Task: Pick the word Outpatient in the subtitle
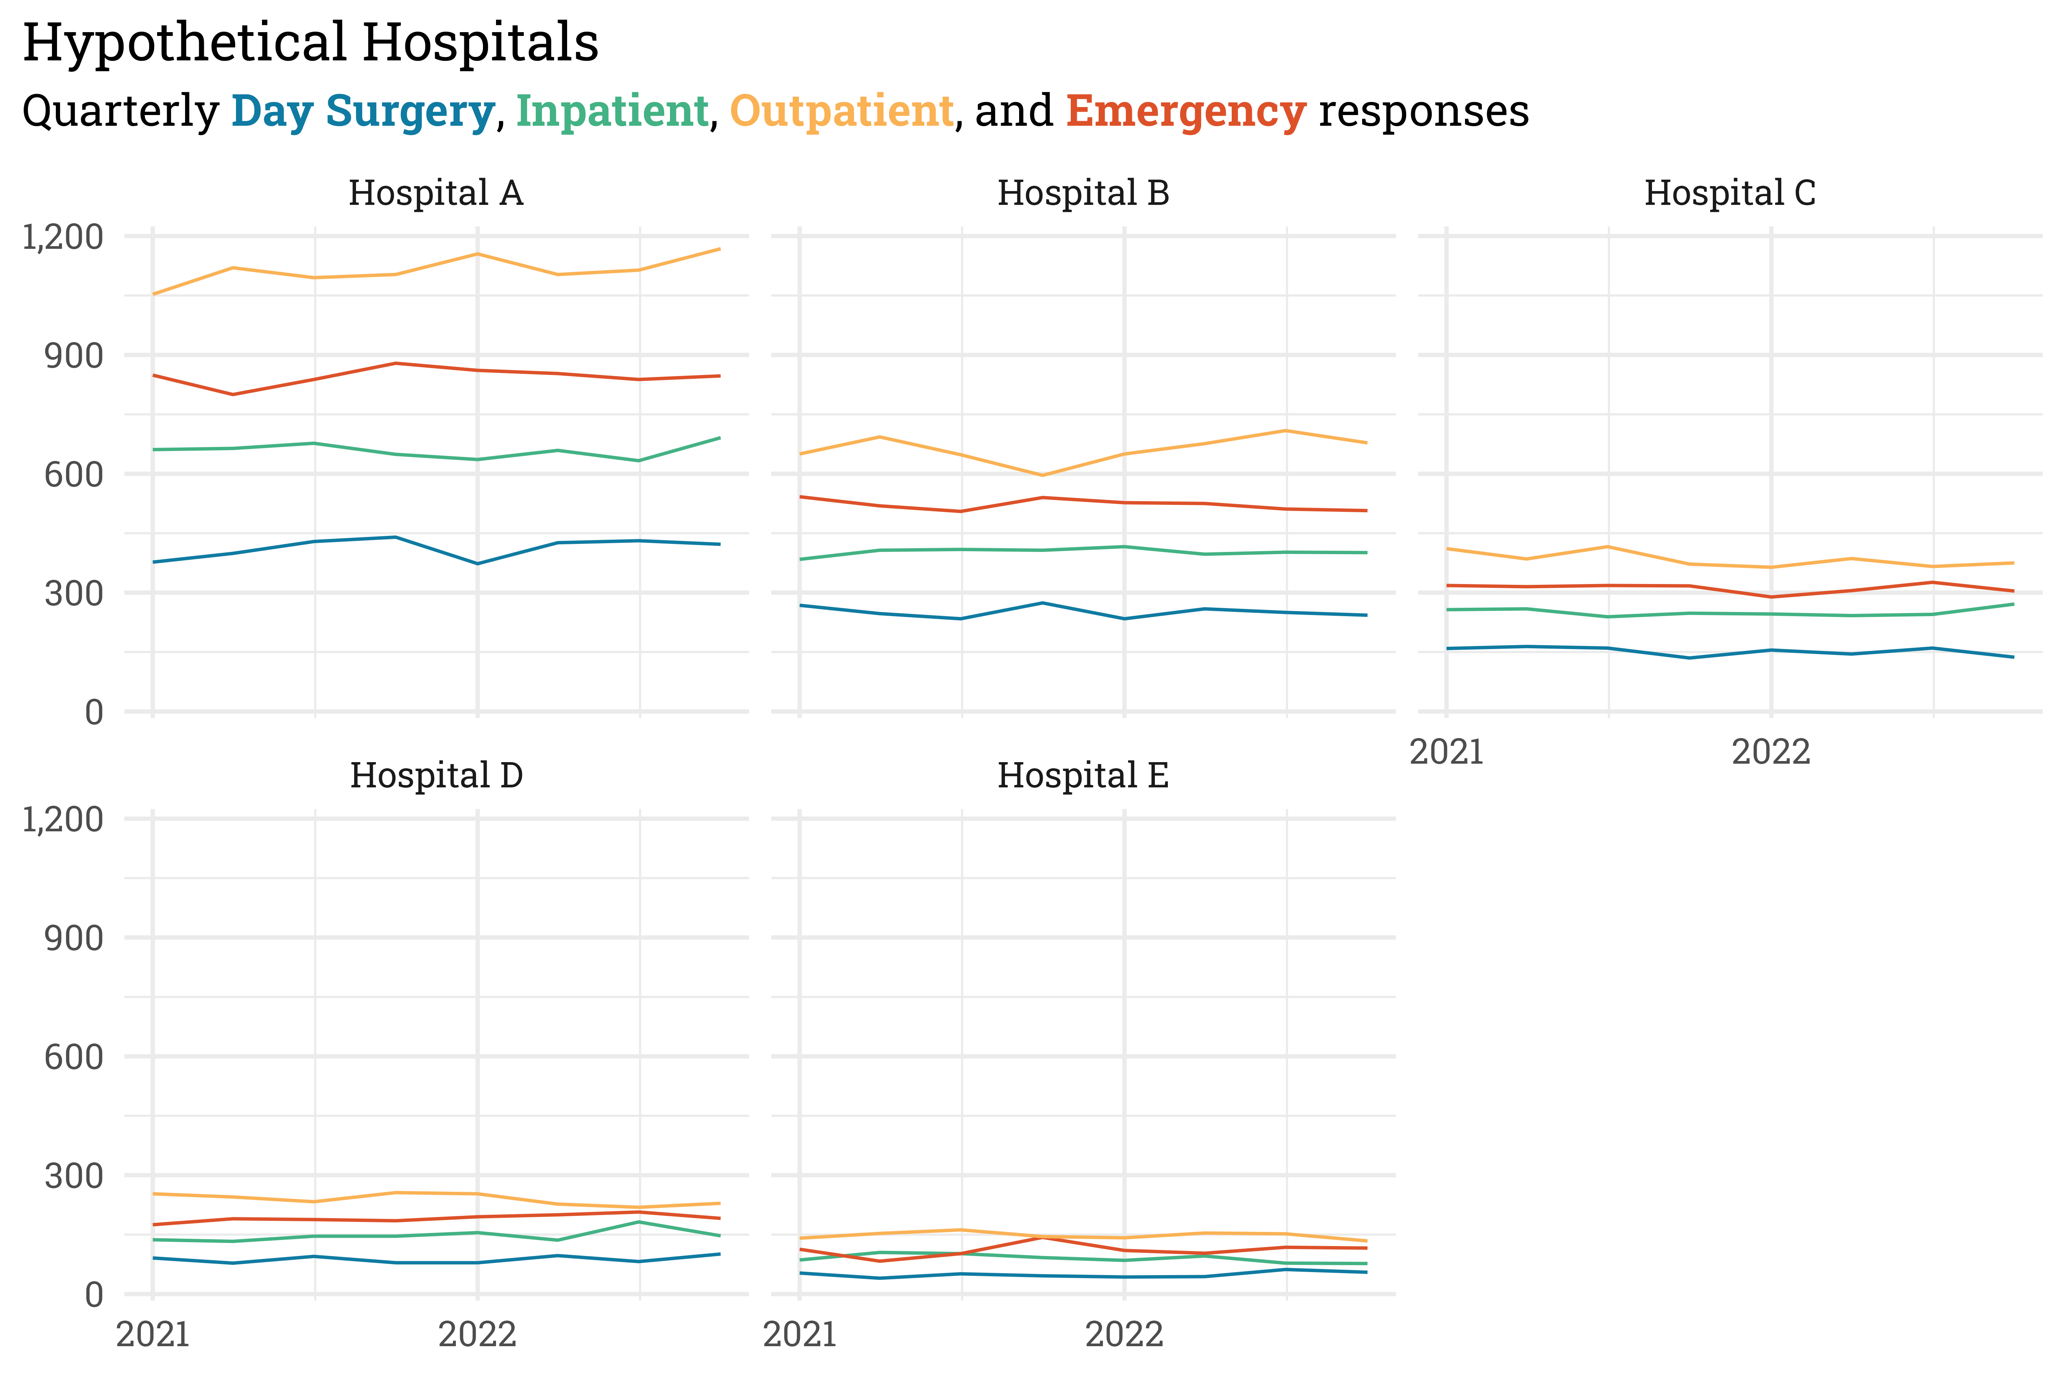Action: (841, 112)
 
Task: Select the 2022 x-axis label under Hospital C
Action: (1771, 752)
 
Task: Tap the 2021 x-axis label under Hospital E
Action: (800, 1335)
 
